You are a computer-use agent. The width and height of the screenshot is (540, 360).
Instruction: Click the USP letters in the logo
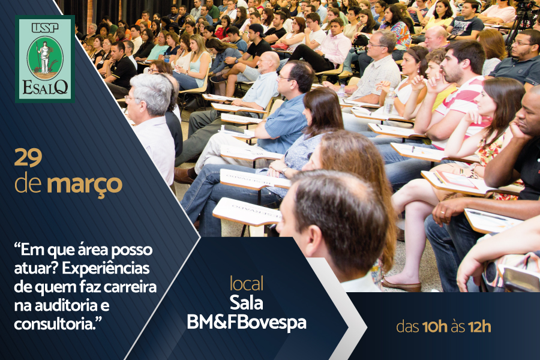pos(45,28)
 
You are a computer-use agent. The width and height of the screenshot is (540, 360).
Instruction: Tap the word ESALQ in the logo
pos(45,88)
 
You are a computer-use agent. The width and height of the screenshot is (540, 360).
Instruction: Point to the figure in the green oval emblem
pos(44,57)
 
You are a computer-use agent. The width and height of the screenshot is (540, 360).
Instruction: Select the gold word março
pos(85,185)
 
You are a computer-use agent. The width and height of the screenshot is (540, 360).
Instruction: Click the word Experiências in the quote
pos(106,268)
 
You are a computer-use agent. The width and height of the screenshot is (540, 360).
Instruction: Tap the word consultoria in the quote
pos(55,324)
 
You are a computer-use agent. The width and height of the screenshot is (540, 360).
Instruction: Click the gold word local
pos(247,283)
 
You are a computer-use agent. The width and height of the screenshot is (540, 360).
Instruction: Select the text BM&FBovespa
pos(247,322)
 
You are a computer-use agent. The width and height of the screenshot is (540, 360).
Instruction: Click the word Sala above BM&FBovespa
pos(246,303)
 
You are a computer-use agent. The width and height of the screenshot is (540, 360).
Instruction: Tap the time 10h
pos(434,326)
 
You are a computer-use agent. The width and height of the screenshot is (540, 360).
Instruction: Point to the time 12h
pos(480,326)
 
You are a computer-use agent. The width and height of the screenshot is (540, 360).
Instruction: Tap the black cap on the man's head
pos(257,29)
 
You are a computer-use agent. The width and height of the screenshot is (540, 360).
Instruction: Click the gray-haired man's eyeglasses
pos(131,98)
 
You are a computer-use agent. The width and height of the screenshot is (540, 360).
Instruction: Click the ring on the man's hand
pos(442,212)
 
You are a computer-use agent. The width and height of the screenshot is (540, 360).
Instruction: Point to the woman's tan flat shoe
pos(401,286)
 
